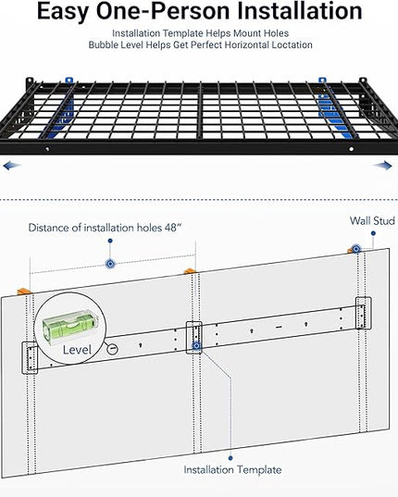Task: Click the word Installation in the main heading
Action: (x=300, y=11)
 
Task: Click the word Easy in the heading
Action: (x=62, y=12)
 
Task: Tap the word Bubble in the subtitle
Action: (x=100, y=45)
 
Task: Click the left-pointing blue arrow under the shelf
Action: (x=12, y=166)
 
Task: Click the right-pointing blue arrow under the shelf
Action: (x=382, y=165)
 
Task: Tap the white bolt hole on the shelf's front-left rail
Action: (x=47, y=149)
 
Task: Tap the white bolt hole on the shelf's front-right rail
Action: (x=351, y=149)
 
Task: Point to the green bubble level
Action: (x=69, y=327)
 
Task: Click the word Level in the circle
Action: (x=77, y=350)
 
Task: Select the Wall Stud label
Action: (x=372, y=220)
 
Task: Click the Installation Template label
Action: (x=232, y=470)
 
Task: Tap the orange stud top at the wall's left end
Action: (x=23, y=291)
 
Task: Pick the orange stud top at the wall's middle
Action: (x=190, y=271)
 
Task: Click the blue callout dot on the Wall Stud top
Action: (x=356, y=249)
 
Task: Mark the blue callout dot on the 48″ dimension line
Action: (x=110, y=264)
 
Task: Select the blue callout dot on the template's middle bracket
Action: (x=196, y=345)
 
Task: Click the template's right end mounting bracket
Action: (x=364, y=313)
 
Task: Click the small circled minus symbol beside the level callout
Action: (x=112, y=349)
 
